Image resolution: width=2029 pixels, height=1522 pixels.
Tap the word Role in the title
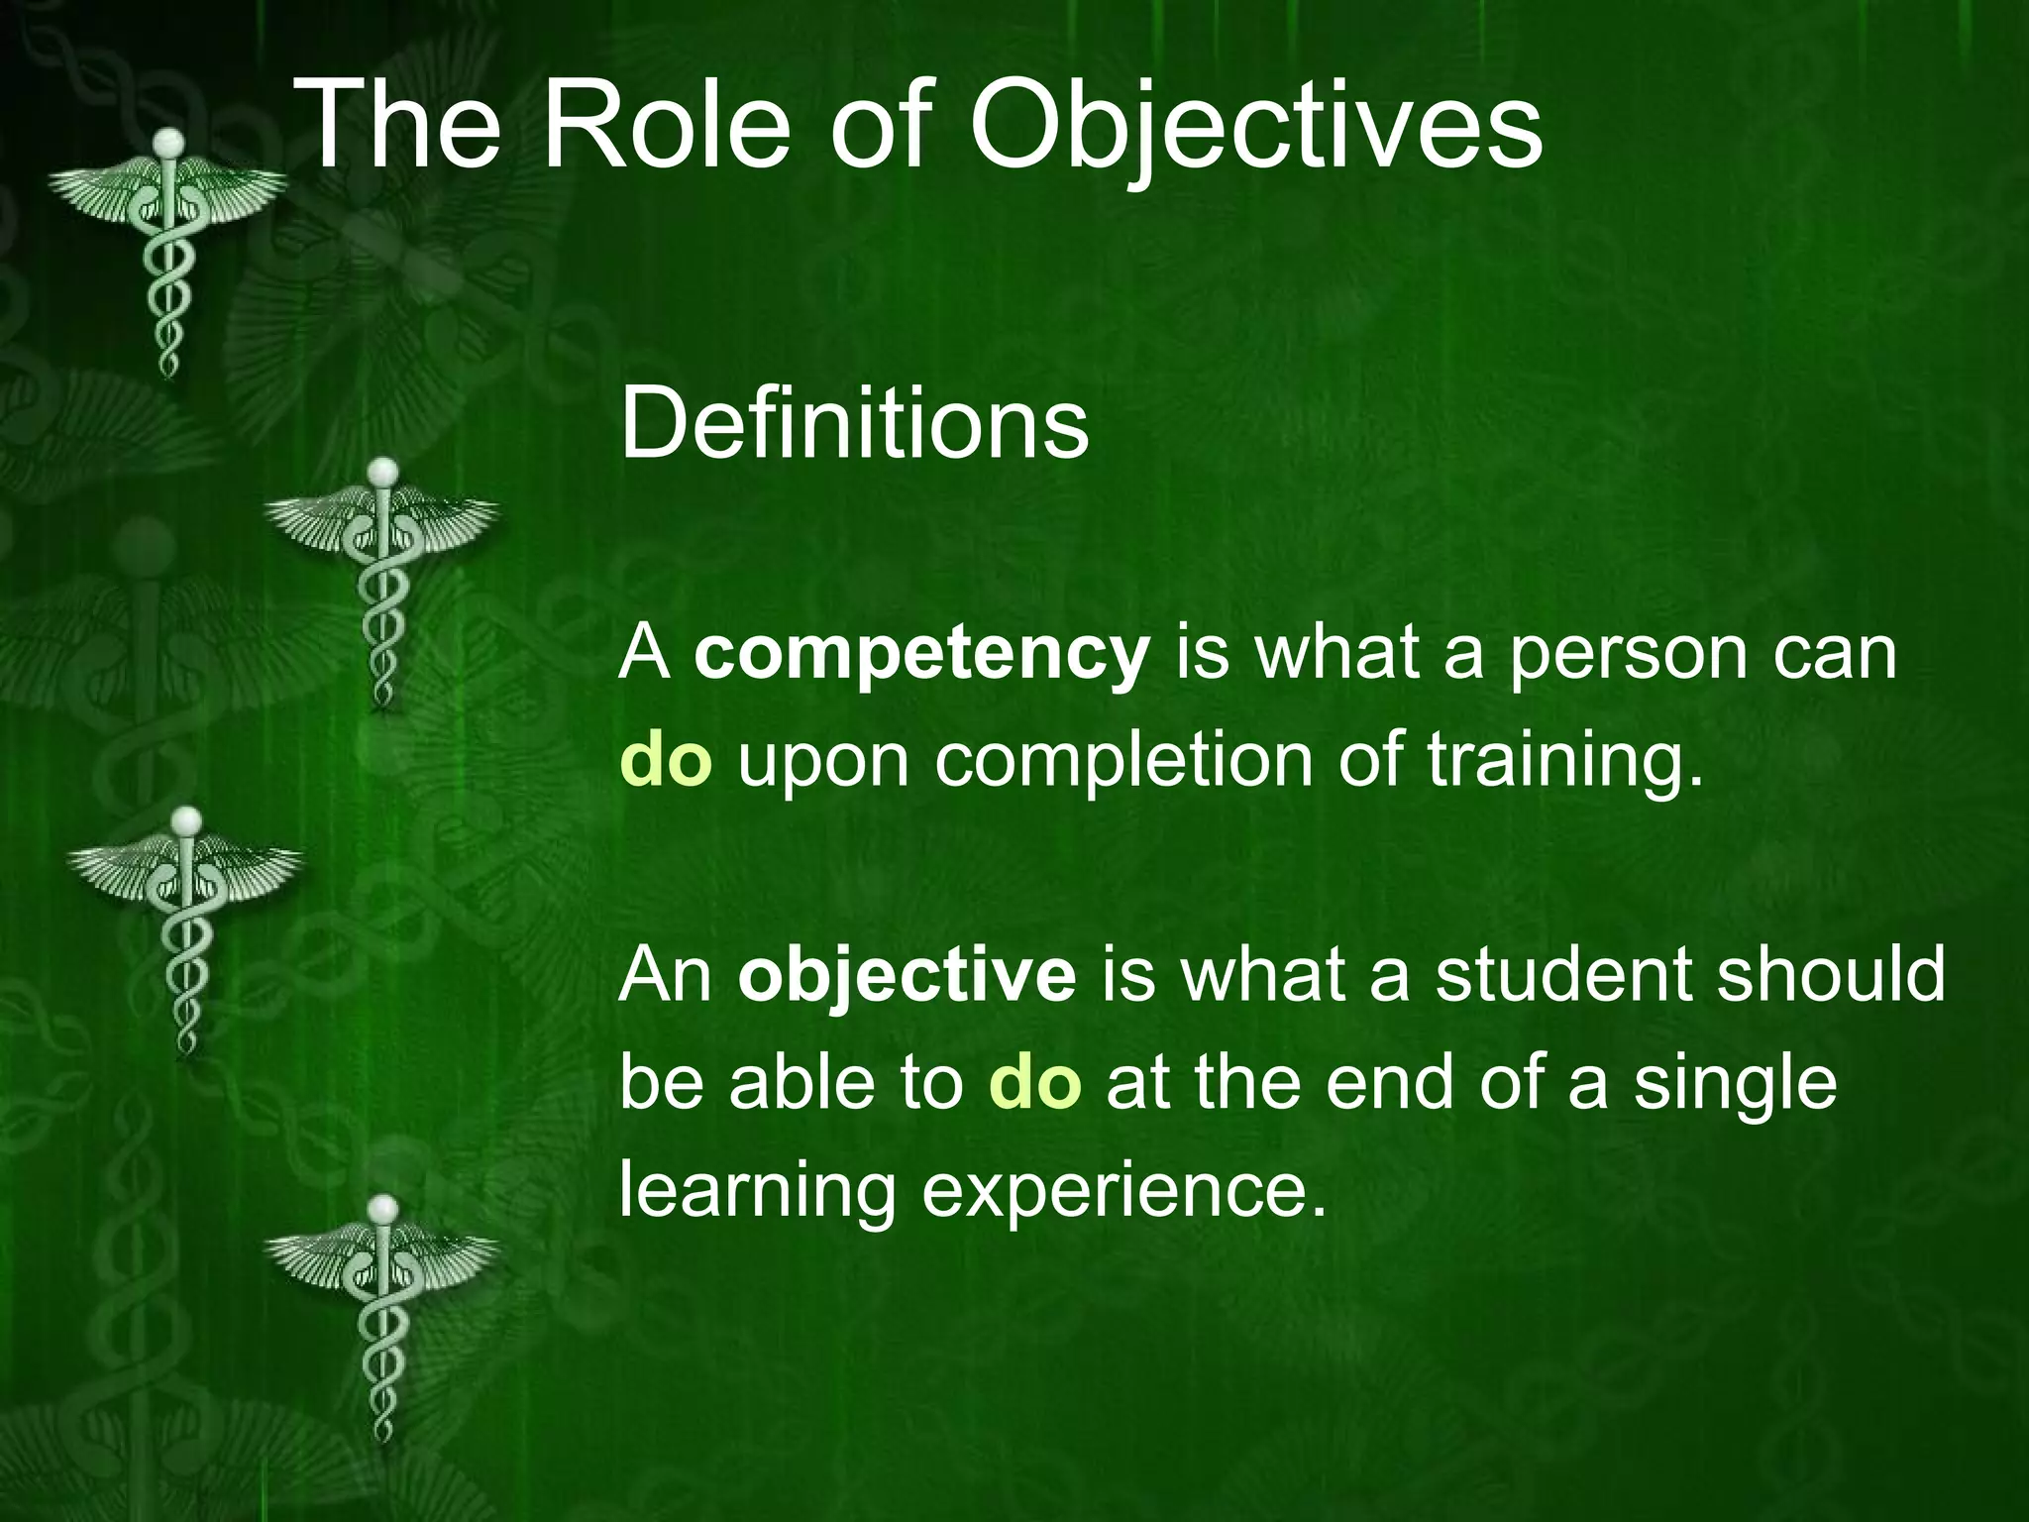[x=667, y=127]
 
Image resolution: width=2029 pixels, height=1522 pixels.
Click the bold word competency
[x=921, y=656]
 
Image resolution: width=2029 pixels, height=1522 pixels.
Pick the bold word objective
[x=907, y=975]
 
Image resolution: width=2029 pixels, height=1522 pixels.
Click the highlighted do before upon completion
[x=666, y=760]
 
